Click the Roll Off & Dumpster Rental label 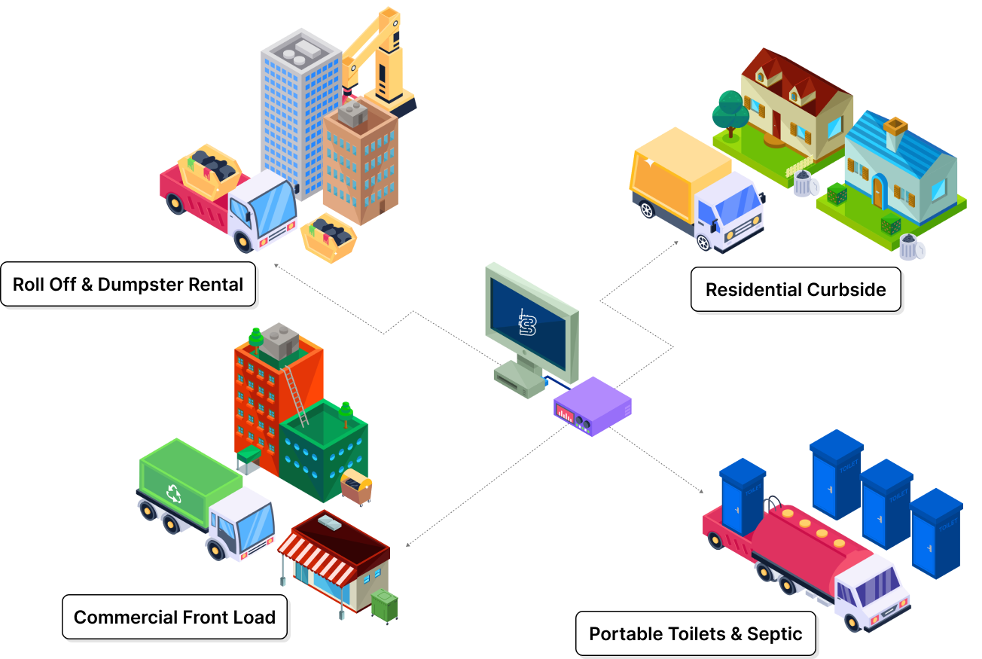[x=128, y=285]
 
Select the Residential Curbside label [x=795, y=290]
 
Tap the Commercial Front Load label [x=174, y=618]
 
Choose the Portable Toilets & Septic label [x=695, y=634]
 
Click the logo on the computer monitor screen [x=528, y=322]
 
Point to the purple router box [x=593, y=407]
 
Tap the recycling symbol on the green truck [x=174, y=493]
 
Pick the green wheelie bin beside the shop [x=385, y=606]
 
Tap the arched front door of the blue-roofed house [x=877, y=191]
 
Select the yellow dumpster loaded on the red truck [x=209, y=169]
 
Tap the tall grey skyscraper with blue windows [x=297, y=113]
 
